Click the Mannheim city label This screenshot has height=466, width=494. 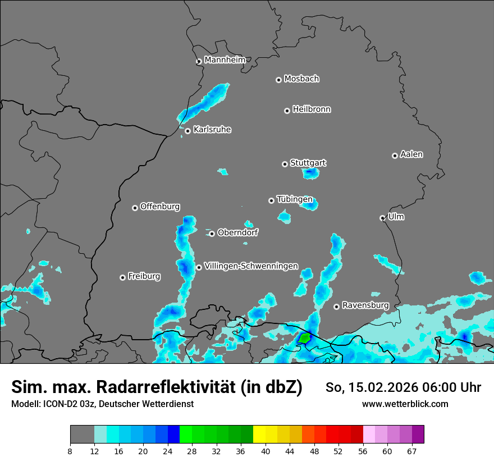[225, 60]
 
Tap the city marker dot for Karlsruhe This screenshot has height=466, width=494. [187, 131]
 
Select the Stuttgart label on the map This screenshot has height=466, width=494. [308, 163]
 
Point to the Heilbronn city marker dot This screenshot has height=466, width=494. [287, 111]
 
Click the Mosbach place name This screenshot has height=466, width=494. [301, 79]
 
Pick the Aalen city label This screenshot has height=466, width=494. [411, 154]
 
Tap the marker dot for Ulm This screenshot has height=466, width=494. [382, 218]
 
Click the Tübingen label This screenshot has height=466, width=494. [295, 199]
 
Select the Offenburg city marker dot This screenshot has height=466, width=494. [135, 208]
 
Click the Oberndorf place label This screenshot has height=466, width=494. [237, 232]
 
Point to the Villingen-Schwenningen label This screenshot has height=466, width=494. [251, 266]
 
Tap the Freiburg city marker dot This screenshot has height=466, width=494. [122, 277]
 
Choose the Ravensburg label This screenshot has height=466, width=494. [365, 305]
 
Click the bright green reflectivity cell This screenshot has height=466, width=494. [304, 338]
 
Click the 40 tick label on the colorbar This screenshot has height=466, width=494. [266, 451]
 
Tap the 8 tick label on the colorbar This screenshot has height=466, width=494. [70, 451]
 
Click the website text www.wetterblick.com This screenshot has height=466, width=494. [405, 404]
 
